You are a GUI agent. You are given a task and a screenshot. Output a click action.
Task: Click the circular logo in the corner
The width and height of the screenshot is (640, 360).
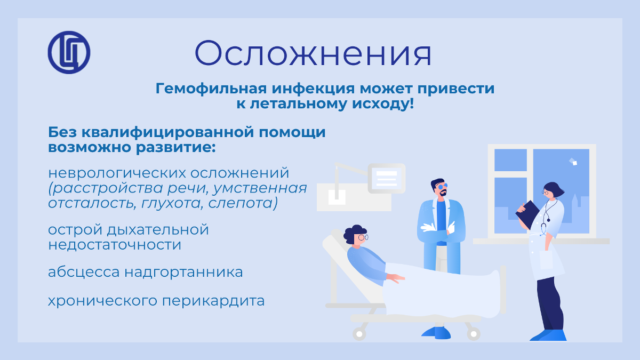tap(69, 53)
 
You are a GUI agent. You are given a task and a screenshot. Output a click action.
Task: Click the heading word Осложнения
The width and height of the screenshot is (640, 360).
tap(313, 53)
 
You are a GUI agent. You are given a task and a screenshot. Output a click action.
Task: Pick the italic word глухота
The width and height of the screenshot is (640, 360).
tap(171, 203)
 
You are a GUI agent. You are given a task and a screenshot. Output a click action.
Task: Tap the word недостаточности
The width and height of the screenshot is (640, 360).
tap(115, 245)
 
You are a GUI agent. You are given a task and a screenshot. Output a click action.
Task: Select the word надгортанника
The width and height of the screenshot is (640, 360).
tap(183, 272)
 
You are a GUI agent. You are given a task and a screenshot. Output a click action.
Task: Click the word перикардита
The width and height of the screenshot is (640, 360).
tap(213, 301)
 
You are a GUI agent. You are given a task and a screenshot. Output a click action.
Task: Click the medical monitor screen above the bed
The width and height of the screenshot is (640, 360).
tap(387, 178)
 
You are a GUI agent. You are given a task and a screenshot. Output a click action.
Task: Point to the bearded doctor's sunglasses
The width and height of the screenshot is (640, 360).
tap(443, 186)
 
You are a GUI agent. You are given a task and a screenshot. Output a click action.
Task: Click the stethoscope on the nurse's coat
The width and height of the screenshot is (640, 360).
tap(547, 217)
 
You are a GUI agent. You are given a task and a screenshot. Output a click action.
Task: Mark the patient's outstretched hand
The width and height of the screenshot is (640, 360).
tap(396, 278)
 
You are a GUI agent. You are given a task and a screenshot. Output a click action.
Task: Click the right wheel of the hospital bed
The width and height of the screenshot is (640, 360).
tap(474, 334)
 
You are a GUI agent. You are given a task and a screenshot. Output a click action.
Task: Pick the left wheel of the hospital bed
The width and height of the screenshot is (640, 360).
tap(359, 334)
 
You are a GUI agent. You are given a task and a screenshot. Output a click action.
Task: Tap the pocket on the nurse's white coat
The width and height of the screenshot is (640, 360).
tap(546, 260)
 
